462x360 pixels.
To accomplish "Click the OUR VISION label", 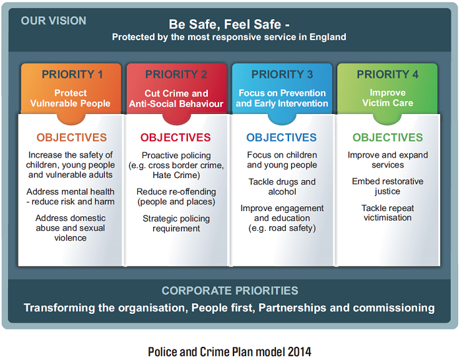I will pos(53,21).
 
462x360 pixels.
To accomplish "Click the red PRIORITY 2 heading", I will pos(176,75).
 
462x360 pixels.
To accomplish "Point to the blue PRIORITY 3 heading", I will pos(282,75).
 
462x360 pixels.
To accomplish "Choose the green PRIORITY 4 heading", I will pos(387,75).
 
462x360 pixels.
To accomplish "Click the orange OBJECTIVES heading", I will pos(71,138).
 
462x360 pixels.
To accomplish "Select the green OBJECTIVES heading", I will pos(387,138).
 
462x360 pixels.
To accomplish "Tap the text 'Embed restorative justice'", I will pos(387,186).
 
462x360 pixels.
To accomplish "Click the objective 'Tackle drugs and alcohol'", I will pos(282,187).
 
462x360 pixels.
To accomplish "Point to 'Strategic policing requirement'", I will pos(176,224).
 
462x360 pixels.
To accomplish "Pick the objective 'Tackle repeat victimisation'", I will pos(387,213).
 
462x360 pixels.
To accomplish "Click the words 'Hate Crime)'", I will pos(176,175).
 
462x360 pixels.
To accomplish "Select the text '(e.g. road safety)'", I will pos(282,228).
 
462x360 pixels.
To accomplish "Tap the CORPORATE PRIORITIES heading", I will pos(230,291).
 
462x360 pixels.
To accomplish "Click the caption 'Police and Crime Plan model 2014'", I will pos(230,351).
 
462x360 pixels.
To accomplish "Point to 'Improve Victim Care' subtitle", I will pos(387,98).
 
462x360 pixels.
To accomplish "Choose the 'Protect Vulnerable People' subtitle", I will pos(71,98).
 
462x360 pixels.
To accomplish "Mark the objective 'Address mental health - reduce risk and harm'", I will pos(71,196).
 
